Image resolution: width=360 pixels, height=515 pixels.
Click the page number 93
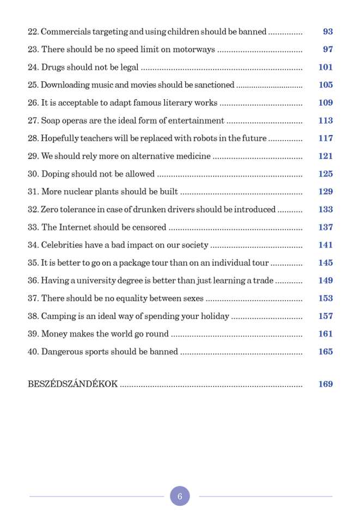(327, 32)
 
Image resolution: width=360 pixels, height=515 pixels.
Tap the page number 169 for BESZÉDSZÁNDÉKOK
(325, 384)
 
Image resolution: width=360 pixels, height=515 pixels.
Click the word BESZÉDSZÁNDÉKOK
(72, 384)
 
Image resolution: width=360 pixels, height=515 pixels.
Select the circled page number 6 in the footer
(180, 496)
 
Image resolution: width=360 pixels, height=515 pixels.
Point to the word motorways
(194, 50)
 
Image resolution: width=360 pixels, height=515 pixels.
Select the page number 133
(325, 210)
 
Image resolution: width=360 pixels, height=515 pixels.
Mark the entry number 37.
(33, 299)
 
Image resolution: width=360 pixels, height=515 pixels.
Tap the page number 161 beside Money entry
(325, 334)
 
